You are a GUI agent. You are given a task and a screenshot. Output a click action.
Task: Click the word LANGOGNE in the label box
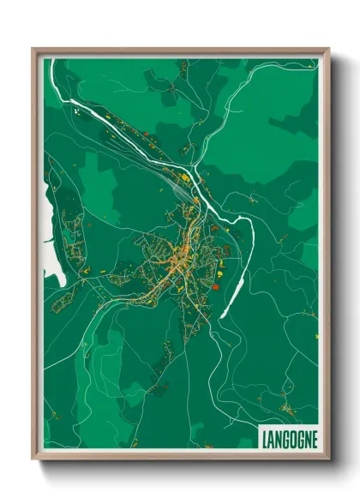point(289,437)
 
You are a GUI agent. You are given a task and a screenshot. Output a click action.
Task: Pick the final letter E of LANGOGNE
point(314,437)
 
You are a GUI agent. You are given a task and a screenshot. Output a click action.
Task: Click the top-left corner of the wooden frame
point(33,49)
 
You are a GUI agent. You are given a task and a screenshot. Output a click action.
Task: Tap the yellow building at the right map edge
point(315,333)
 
